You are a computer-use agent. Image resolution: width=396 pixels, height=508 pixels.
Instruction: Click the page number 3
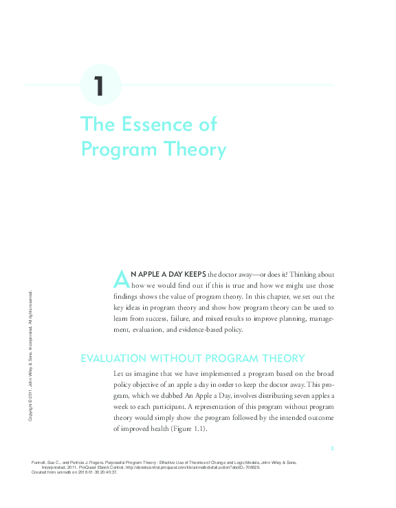(331, 448)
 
